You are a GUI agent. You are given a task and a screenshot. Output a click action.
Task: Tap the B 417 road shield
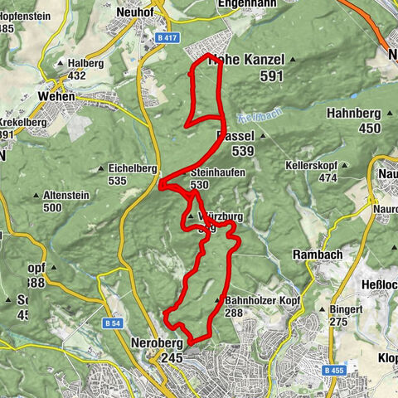pyautogui.click(x=168, y=37)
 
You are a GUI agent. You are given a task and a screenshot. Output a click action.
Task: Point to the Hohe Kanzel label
pyautogui.click(x=248, y=60)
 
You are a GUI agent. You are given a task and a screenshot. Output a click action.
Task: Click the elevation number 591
pyautogui.click(x=271, y=75)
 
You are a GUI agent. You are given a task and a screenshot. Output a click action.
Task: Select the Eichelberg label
pyautogui.click(x=133, y=167)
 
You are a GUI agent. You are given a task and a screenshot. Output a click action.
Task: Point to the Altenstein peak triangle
pyautogui.click(x=37, y=196)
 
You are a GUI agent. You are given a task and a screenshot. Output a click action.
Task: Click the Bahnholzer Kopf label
pyautogui.click(x=257, y=300)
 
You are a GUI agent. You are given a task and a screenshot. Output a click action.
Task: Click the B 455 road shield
pyautogui.click(x=334, y=370)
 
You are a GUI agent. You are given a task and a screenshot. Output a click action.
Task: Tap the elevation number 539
pyautogui.click(x=243, y=151)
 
